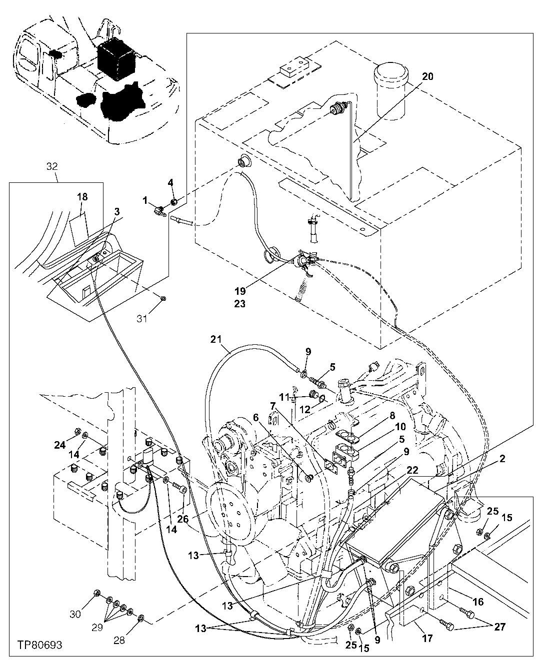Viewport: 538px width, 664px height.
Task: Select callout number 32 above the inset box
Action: click(52, 168)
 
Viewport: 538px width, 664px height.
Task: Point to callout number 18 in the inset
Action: click(81, 197)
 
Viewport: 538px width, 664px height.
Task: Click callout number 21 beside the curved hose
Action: click(215, 340)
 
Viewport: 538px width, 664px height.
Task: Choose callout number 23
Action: click(239, 303)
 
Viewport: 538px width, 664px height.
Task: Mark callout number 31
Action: click(142, 318)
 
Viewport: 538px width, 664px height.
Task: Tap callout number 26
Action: click(182, 519)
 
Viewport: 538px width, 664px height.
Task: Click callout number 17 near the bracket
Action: click(427, 638)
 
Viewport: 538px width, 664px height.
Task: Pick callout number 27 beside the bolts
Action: click(499, 628)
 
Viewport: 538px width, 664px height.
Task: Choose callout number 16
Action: click(478, 602)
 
